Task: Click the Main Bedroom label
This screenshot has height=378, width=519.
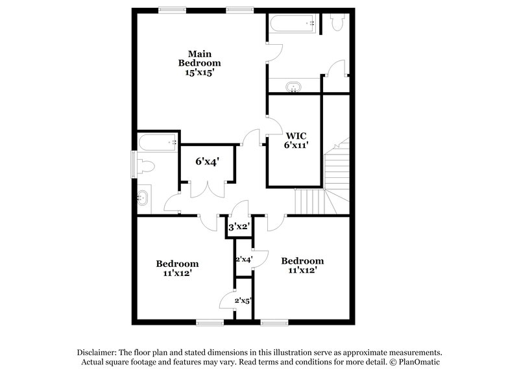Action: coord(199,58)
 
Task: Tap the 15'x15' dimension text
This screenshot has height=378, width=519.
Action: coord(199,73)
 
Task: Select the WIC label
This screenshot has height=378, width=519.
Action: coord(295,136)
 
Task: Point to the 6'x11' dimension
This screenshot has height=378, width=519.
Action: coord(295,146)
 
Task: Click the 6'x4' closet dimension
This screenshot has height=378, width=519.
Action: coord(208,160)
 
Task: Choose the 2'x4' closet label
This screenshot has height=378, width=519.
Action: coord(243,259)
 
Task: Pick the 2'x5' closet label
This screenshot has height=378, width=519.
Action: coord(243,301)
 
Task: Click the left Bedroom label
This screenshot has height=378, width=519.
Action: coord(177,264)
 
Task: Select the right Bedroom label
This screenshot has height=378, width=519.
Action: coord(302,260)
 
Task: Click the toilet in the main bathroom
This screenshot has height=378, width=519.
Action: coord(337,23)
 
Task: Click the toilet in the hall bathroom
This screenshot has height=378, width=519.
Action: coord(145,167)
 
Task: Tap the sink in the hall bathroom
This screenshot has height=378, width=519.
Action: coord(143,197)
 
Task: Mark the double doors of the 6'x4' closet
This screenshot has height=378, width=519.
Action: coord(208,189)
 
